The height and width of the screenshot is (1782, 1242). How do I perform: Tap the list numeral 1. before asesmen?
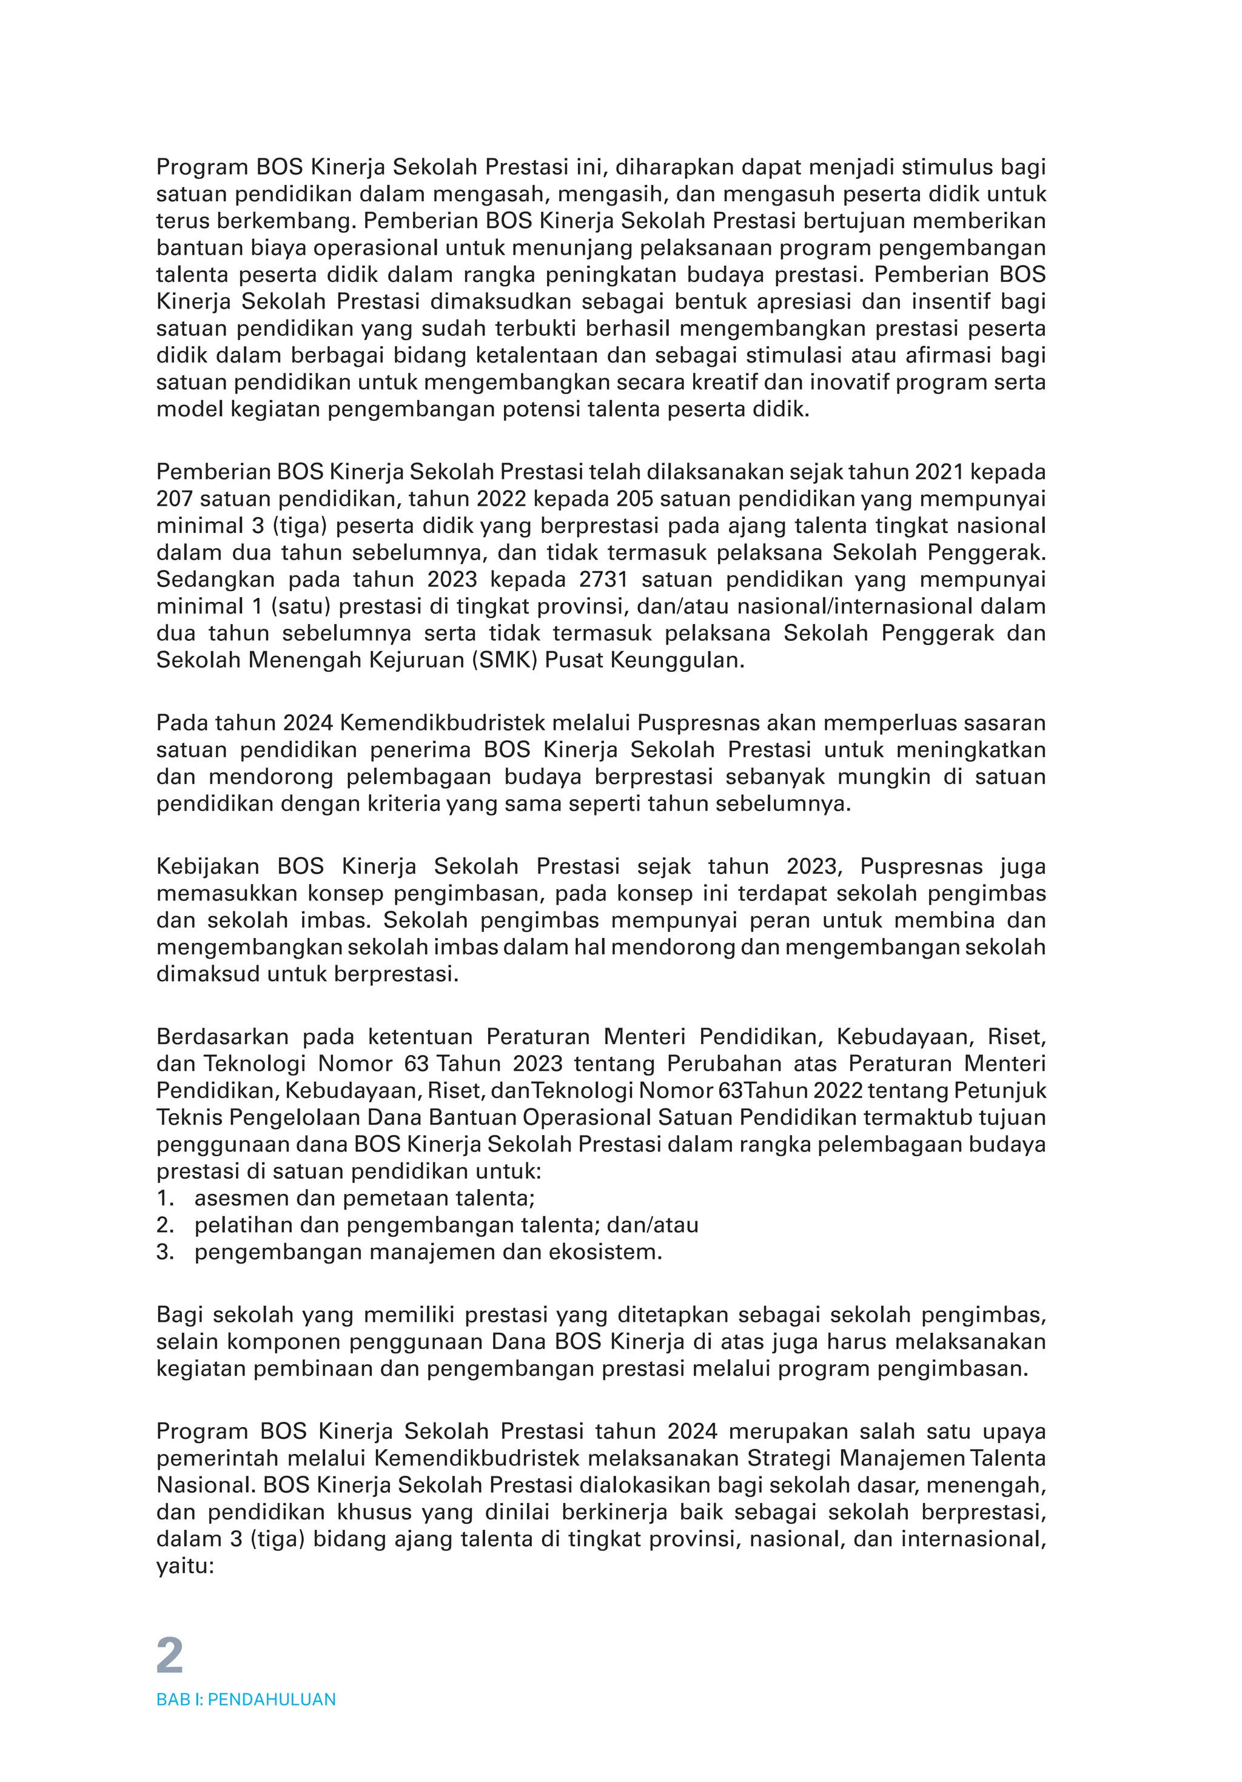pos(164,1197)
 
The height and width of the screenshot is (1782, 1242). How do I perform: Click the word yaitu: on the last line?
pos(185,1566)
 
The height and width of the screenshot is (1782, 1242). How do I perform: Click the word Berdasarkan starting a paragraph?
pos(222,1036)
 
